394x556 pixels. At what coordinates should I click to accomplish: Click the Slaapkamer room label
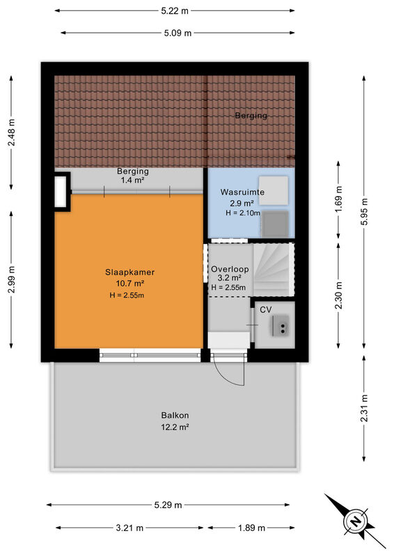[x=129, y=272]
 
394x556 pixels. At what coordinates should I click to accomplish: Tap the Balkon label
[x=175, y=415]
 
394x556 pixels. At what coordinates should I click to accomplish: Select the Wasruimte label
[x=242, y=193]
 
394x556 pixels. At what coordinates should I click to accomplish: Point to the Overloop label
[x=230, y=269]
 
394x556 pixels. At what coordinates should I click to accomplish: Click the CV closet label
[x=266, y=310]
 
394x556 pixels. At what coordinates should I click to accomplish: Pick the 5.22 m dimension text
[x=175, y=10]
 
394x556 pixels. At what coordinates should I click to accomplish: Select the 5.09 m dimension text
[x=178, y=33]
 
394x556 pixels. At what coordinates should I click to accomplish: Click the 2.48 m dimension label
[x=12, y=132]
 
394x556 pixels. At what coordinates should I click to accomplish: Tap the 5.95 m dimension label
[x=365, y=212]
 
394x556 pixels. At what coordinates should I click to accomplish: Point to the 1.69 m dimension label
[x=339, y=199]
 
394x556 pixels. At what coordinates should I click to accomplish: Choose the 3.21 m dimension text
[x=129, y=528]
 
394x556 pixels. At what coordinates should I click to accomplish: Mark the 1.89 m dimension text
[x=251, y=528]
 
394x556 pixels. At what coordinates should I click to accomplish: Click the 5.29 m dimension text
[x=168, y=505]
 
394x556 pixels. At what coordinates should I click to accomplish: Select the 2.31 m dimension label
[x=364, y=409]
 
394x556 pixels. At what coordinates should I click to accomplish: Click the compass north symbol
[x=354, y=521]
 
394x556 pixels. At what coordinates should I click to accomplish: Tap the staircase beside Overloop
[x=274, y=270]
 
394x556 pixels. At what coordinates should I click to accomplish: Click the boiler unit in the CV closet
[x=281, y=326]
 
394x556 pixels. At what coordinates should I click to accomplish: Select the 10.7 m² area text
[x=129, y=284]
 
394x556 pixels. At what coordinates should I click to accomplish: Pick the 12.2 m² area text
[x=175, y=427]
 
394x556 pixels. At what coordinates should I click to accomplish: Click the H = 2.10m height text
[x=243, y=213]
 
